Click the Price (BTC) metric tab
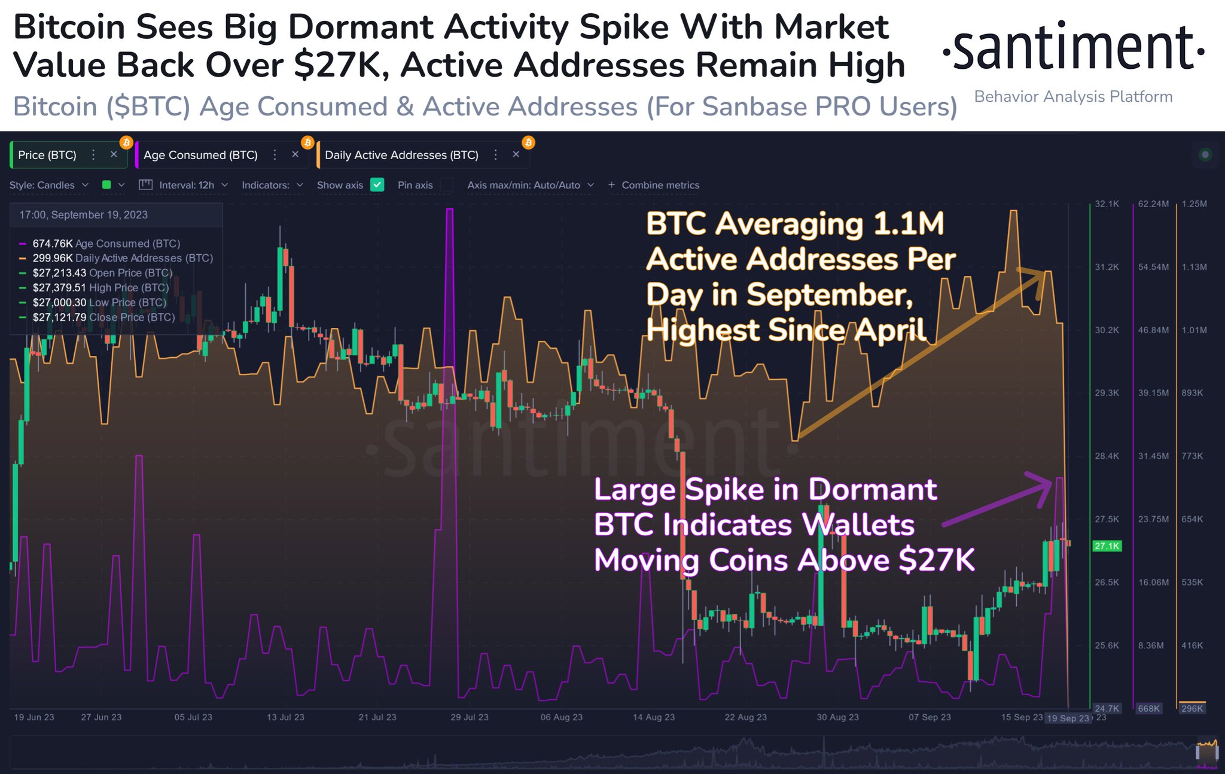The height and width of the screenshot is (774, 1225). point(47,156)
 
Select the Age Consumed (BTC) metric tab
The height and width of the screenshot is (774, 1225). point(200,156)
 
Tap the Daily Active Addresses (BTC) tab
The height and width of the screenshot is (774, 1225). point(401,156)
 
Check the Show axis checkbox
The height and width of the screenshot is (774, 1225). point(377,185)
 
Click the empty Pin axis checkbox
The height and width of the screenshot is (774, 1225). point(446,185)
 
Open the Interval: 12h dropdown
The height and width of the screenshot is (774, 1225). point(185,185)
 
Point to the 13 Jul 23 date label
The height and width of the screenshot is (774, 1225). point(285,717)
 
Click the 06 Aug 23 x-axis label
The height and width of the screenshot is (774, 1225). point(561,717)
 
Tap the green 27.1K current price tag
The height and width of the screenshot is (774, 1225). point(1107,546)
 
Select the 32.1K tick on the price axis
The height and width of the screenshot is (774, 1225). point(1107,204)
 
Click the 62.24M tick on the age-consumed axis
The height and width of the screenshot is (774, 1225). point(1153,204)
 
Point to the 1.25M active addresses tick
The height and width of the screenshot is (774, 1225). point(1194,204)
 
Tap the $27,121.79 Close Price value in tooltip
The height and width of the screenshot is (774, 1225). point(59,318)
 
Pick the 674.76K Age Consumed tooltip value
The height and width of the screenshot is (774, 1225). point(53,243)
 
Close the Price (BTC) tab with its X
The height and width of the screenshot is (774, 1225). point(114,155)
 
